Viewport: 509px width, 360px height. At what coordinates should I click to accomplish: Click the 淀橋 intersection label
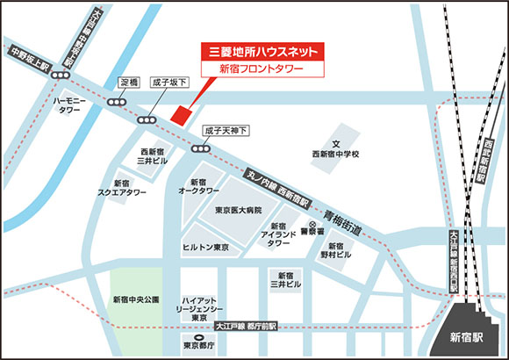[130, 83]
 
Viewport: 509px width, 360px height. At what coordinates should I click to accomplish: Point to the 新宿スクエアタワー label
[122, 189]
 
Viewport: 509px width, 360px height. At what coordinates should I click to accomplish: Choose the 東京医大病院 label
[239, 211]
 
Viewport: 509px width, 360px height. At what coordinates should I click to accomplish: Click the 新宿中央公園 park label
[136, 300]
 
